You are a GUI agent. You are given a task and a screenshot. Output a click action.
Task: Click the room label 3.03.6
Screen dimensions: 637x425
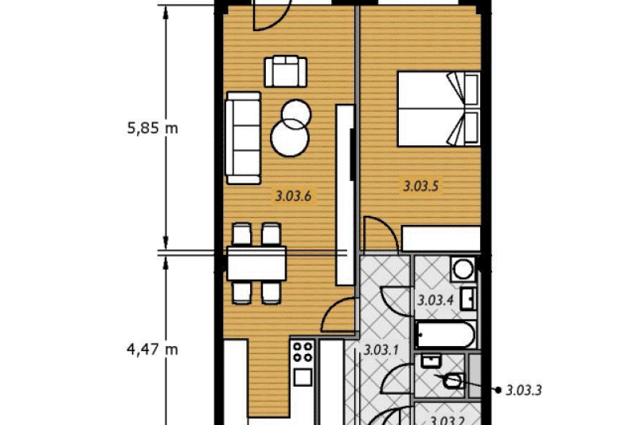click(x=293, y=196)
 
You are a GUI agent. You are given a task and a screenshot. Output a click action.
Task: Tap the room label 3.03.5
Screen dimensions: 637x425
click(x=420, y=187)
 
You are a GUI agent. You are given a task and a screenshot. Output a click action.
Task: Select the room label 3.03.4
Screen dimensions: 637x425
click(x=435, y=301)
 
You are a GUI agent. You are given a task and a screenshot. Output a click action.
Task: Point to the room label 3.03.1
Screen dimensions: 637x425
click(x=381, y=350)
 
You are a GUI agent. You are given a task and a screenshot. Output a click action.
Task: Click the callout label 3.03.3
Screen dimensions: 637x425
click(x=524, y=391)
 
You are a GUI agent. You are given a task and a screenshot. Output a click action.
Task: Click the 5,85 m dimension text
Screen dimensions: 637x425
click(x=152, y=128)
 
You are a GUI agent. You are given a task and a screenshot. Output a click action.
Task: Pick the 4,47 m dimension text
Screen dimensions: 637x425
click(x=152, y=349)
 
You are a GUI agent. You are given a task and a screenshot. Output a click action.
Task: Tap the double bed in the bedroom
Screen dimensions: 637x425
click(x=439, y=109)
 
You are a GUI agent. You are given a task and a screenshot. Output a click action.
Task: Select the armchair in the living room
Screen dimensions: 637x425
click(x=286, y=72)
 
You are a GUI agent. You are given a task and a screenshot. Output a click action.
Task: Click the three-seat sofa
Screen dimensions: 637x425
click(x=244, y=138)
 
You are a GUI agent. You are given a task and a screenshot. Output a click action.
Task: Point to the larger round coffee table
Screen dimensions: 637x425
click(x=290, y=138)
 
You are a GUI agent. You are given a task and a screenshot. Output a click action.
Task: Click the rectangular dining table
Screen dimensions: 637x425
click(x=256, y=263)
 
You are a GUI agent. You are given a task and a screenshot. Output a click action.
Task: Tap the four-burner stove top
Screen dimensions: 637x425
click(x=303, y=352)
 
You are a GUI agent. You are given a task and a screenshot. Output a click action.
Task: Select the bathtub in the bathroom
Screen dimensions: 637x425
click(x=446, y=334)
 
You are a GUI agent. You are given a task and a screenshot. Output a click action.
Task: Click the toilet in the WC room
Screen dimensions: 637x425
click(x=452, y=381)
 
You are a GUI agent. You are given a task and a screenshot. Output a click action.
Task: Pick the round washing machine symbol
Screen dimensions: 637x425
click(x=463, y=269)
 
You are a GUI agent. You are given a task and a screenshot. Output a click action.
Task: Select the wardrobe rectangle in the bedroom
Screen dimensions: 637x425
click(x=441, y=238)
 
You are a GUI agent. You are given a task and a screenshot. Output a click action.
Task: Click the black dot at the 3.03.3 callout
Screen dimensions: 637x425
click(x=498, y=390)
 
